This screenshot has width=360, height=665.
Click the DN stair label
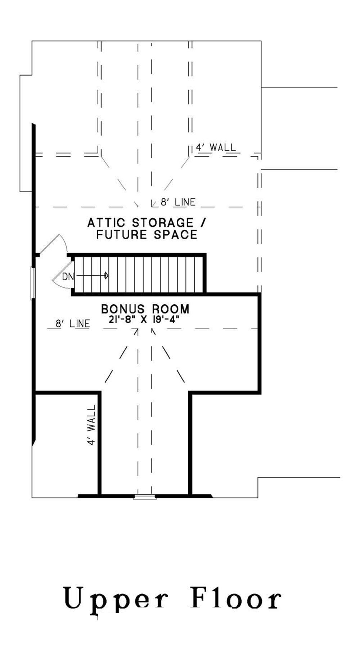click(68, 277)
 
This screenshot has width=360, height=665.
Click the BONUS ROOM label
click(145, 309)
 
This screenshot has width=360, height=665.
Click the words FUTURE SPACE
click(147, 235)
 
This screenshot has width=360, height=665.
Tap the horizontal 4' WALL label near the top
click(216, 147)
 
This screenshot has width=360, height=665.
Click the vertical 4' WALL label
click(92, 425)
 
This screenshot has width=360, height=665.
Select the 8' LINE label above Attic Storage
click(178, 202)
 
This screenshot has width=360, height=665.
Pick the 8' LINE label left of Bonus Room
click(73, 324)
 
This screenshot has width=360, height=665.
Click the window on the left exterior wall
click(33, 283)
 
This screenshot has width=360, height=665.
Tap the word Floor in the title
click(236, 598)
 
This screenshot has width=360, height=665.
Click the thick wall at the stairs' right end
click(204, 273)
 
